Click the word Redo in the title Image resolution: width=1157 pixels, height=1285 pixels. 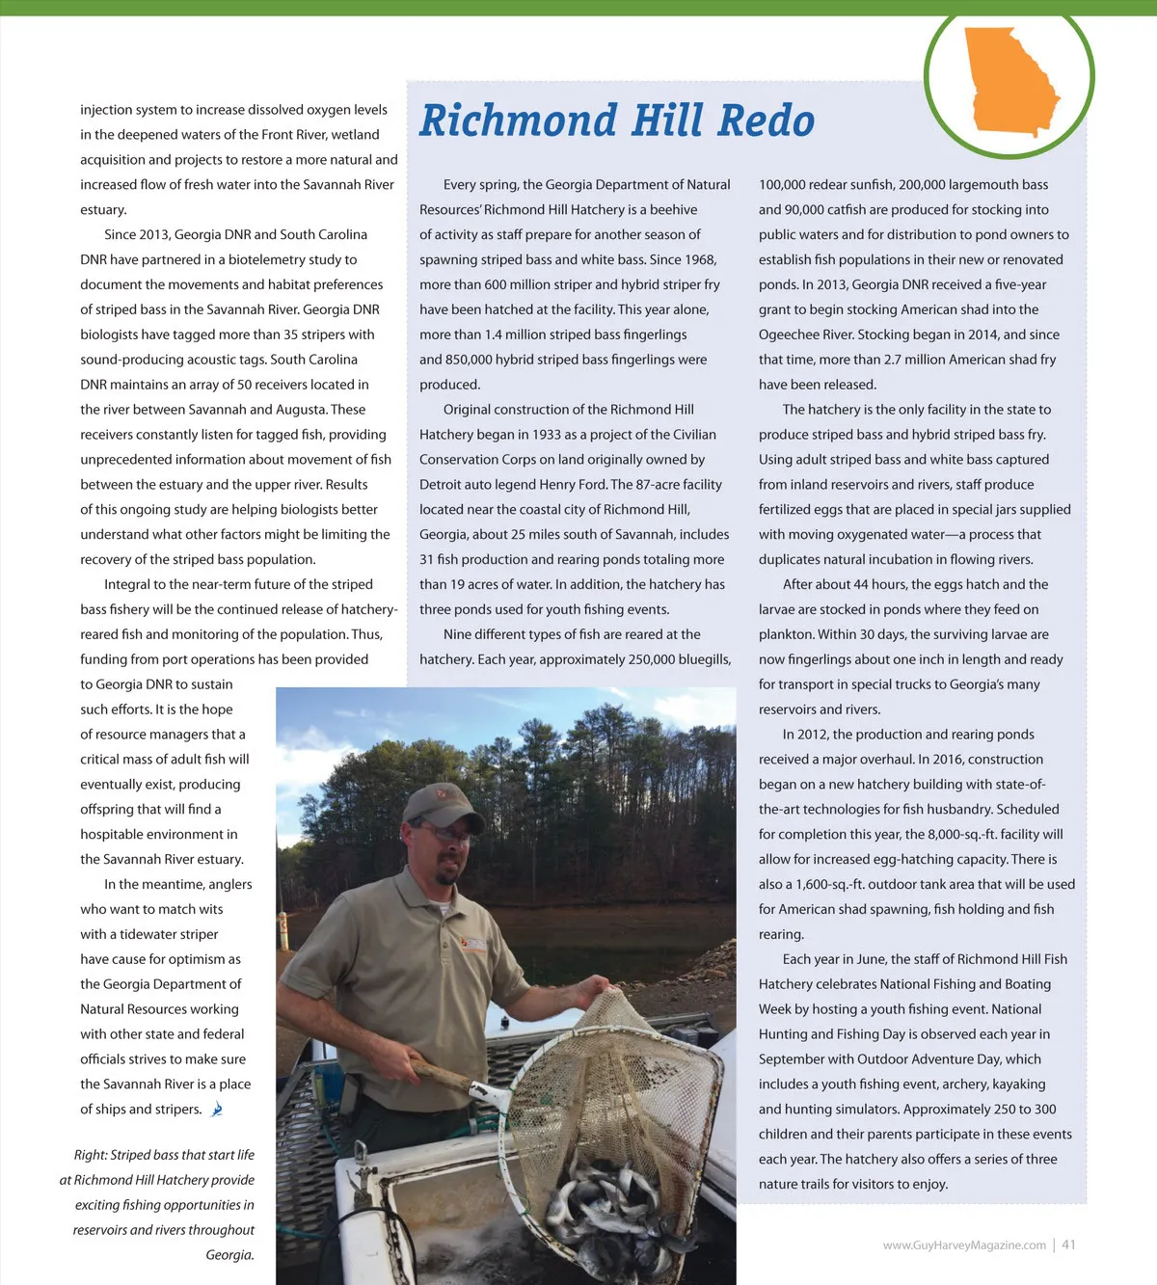pyautogui.click(x=766, y=121)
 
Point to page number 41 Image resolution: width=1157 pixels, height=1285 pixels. pyautogui.click(x=1068, y=1245)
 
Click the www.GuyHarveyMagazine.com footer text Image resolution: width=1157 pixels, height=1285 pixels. pyautogui.click(x=963, y=1245)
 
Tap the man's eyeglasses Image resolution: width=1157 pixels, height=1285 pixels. pyautogui.click(x=443, y=831)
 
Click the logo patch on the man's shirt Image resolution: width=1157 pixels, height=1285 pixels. pyautogui.click(x=473, y=944)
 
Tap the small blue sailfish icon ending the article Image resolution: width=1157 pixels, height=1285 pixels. pyautogui.click(x=217, y=1110)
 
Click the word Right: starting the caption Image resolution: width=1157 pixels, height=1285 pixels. pyautogui.click(x=91, y=1155)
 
